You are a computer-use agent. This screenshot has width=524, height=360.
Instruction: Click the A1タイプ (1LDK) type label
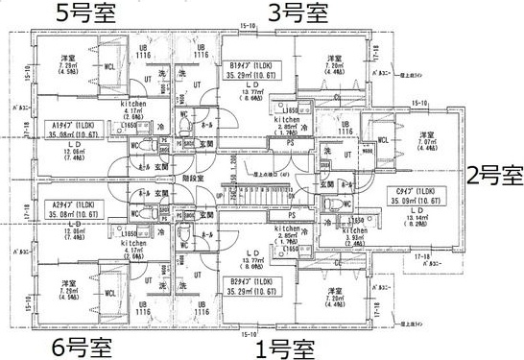(x=73, y=128)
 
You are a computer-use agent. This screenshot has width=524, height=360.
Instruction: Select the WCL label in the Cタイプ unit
(x=384, y=140)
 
